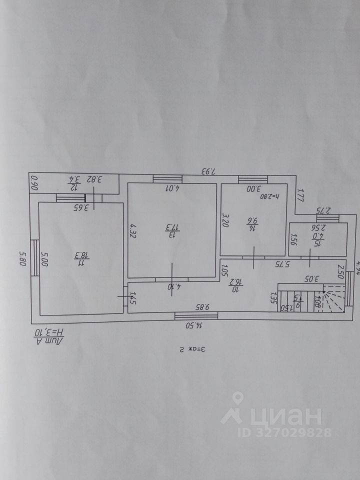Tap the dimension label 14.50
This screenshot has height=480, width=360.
(194, 324)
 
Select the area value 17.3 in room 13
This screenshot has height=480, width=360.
(171, 229)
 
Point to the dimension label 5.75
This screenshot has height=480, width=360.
(285, 263)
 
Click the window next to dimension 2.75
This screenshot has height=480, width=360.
(327, 218)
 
